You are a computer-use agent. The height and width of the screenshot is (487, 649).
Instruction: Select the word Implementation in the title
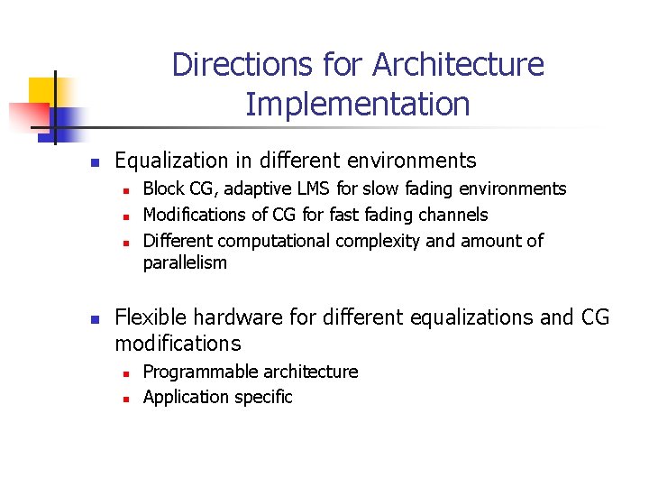[357, 105]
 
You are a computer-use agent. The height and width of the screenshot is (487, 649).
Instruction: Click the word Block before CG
[163, 189]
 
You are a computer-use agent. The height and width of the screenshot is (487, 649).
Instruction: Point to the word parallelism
[185, 263]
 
